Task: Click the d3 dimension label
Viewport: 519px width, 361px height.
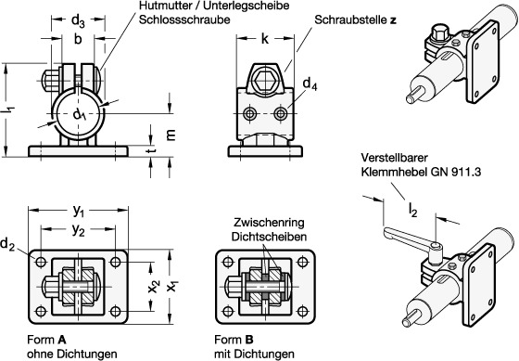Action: point(78,20)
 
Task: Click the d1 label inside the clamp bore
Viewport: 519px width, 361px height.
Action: point(80,115)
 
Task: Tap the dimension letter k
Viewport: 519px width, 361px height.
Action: point(265,39)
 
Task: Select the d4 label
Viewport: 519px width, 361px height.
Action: point(310,84)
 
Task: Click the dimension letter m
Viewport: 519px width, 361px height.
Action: point(171,135)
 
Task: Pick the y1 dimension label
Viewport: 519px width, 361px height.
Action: point(79,211)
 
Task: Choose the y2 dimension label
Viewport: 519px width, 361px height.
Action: point(79,230)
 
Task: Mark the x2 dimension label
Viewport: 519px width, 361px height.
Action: point(154,286)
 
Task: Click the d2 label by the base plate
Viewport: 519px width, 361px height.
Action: point(7,245)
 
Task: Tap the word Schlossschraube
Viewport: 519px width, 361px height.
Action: point(184,19)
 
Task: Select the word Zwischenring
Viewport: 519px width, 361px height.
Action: point(269,223)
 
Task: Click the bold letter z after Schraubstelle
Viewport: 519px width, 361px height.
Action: point(393,20)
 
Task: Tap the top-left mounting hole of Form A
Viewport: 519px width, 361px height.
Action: point(41,263)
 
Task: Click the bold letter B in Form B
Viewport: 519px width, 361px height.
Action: point(249,340)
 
